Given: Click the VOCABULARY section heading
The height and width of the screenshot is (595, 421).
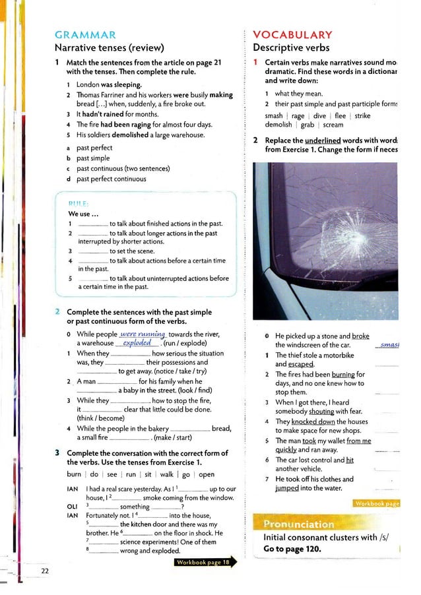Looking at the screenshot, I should [x=292, y=35].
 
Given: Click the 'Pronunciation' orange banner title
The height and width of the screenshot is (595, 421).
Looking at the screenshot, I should [x=299, y=524].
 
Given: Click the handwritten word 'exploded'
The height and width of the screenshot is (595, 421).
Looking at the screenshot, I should [x=137, y=343].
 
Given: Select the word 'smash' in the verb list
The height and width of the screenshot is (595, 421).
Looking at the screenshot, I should [x=274, y=115].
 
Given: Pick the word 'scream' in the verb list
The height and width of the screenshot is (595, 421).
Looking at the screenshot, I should [x=333, y=125].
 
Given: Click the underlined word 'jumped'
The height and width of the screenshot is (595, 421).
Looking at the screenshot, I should [x=287, y=488].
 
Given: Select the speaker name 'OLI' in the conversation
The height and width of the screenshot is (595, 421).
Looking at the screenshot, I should [x=73, y=507].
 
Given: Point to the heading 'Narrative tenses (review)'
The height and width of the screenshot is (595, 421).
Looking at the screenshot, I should [x=109, y=47].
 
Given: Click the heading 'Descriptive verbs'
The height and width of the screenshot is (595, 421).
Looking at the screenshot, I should [x=291, y=47].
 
